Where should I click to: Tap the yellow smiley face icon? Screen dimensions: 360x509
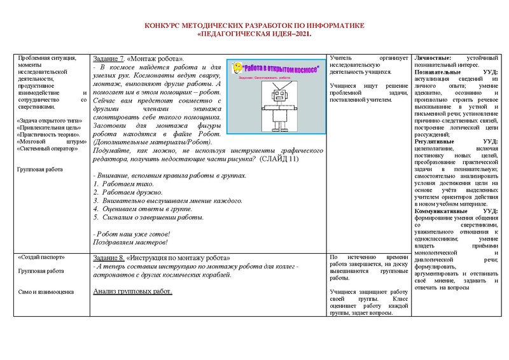[x=237, y=66]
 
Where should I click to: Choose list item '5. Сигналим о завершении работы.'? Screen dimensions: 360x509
[x=148, y=218]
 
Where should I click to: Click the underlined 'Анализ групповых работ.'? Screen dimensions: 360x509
[x=132, y=291]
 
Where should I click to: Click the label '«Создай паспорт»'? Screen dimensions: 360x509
[x=43, y=258]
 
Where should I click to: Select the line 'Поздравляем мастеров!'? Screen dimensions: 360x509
[x=130, y=242]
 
